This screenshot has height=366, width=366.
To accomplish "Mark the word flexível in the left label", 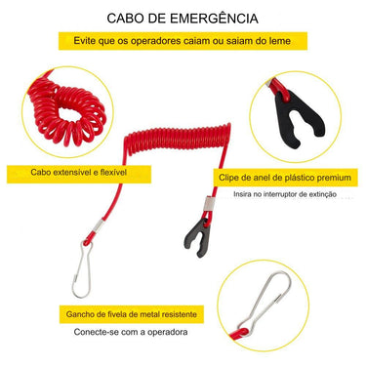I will pyautogui.click(x=131, y=173).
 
